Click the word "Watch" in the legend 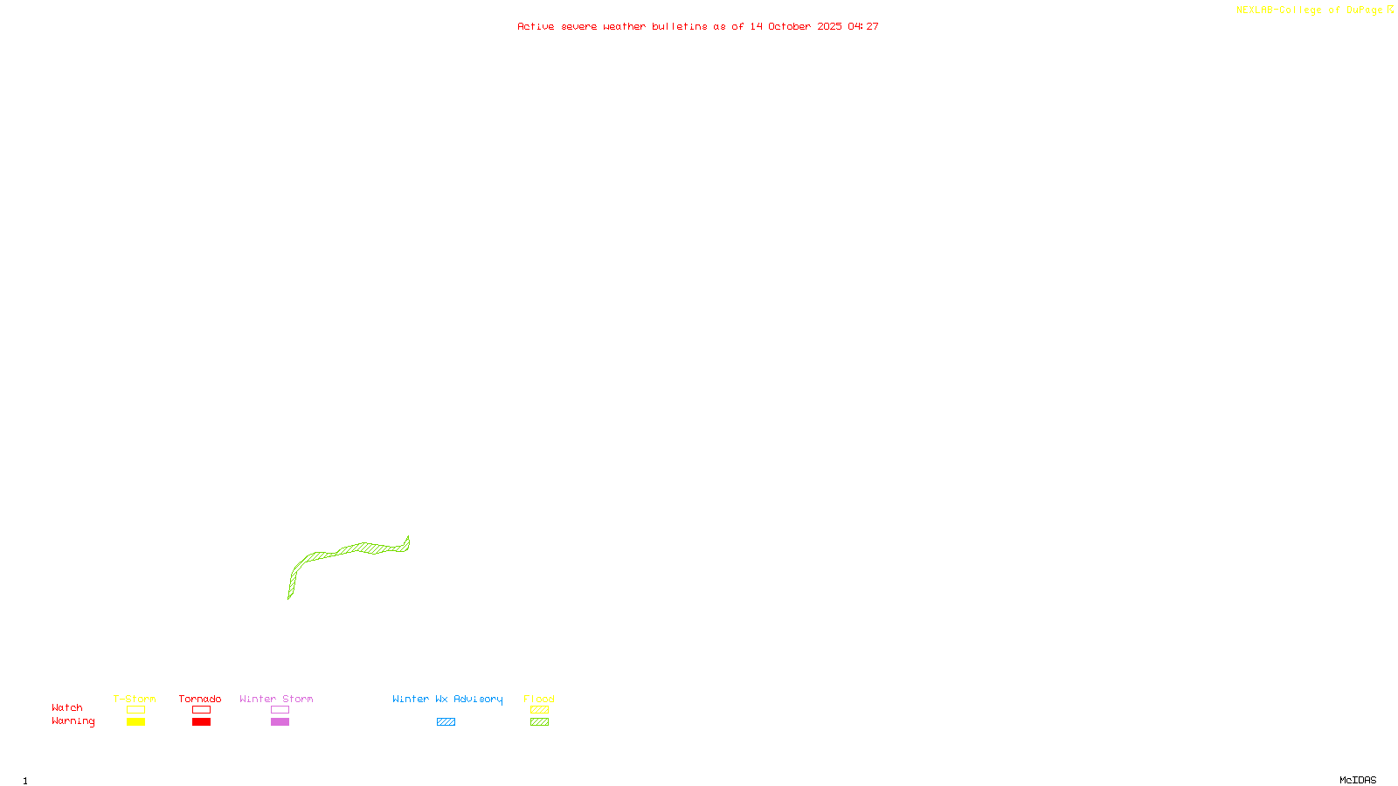pyautogui.click(x=67, y=708)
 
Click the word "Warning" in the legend pyautogui.click(x=73, y=721)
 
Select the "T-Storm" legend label pyautogui.click(x=135, y=699)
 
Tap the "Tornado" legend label pyautogui.click(x=200, y=699)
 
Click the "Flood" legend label pyautogui.click(x=539, y=699)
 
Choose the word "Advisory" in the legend pyautogui.click(x=478, y=699)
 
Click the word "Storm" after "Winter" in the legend pyautogui.click(x=297, y=699)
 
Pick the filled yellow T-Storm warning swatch pyautogui.click(x=135, y=722)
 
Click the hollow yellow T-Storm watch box pyautogui.click(x=135, y=710)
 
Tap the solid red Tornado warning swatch pyautogui.click(x=202, y=722)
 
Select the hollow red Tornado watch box pyautogui.click(x=202, y=710)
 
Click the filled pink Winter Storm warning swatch pyautogui.click(x=280, y=722)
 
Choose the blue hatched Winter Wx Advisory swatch pyautogui.click(x=446, y=722)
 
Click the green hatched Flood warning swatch pyautogui.click(x=540, y=722)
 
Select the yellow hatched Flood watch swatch pyautogui.click(x=540, y=710)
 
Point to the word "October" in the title pyautogui.click(x=789, y=26)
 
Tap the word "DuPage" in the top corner pyautogui.click(x=1364, y=10)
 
